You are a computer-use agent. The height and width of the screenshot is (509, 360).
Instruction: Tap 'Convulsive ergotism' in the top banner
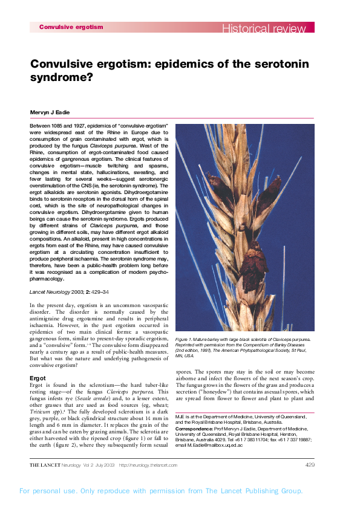click(x=71, y=27)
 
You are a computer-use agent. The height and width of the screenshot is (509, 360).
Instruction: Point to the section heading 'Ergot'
click(x=38, y=378)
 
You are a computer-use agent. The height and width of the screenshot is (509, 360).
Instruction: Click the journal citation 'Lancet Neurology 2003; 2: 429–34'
click(x=70, y=291)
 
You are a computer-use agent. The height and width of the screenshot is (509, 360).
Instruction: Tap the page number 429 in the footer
click(x=310, y=464)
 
